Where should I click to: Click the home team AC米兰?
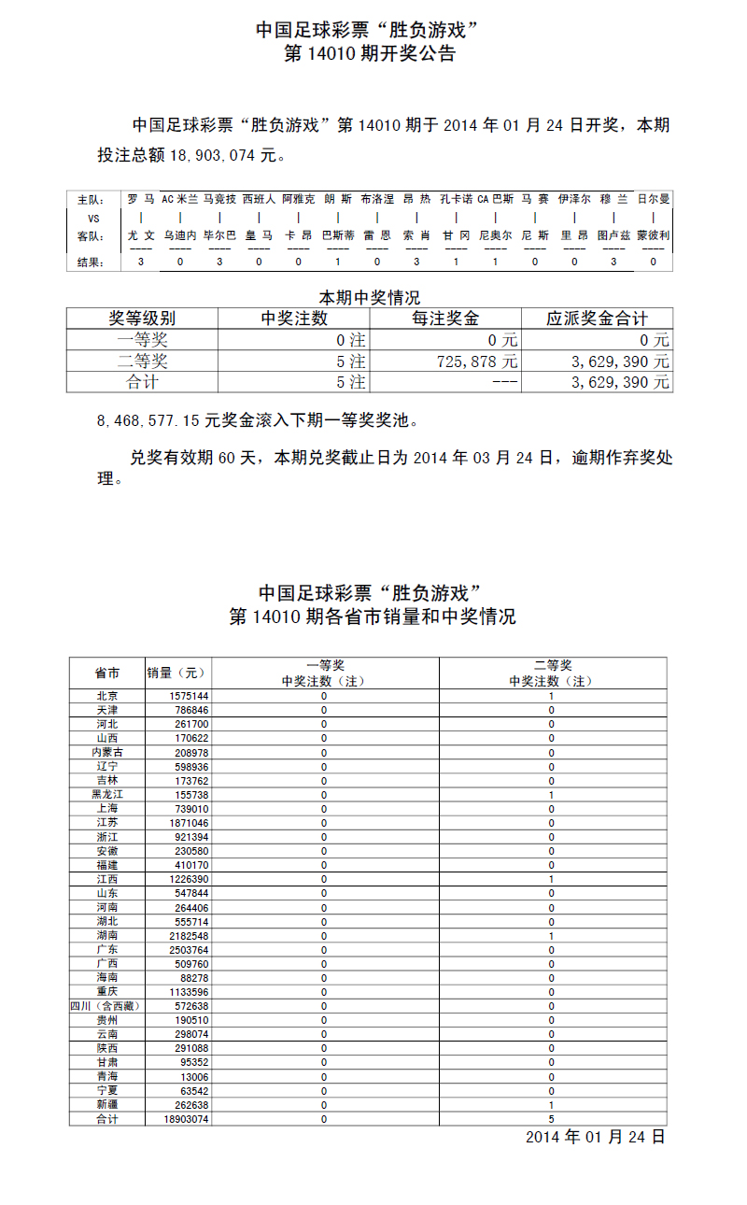179,199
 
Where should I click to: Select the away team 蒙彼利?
654,236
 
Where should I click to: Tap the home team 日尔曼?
654,199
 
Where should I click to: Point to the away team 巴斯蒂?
338,236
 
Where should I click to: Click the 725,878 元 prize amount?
476,361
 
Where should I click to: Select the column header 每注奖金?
445,319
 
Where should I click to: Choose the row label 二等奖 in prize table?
142,361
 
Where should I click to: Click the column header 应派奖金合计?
597,319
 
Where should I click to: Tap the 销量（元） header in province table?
177,673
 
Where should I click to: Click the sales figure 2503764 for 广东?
190,949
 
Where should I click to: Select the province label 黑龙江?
106,794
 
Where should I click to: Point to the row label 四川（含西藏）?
106,1006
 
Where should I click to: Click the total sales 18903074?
186,1118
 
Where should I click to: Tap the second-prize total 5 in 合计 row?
552,1118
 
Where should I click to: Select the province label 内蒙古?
106,752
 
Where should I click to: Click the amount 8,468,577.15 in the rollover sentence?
148,420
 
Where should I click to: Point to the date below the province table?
595,1137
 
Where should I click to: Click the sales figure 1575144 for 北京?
190,696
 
